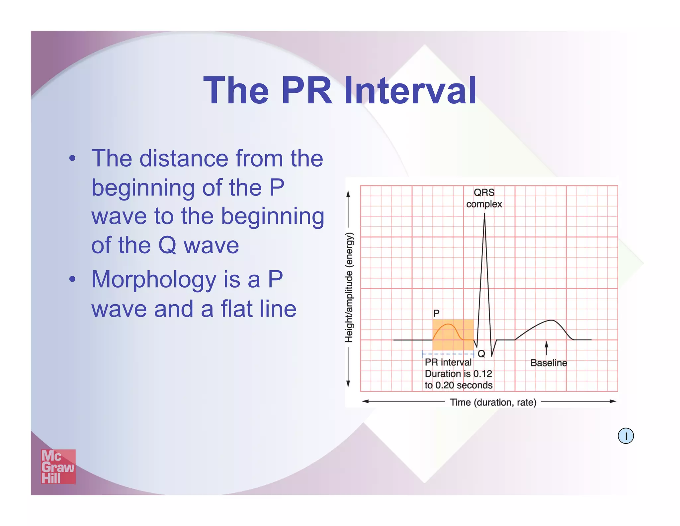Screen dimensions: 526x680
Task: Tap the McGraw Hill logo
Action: coord(58,466)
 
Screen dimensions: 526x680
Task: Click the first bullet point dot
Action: coord(72,158)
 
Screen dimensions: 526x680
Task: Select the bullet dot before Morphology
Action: coord(72,279)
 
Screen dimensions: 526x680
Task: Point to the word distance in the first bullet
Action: coord(184,158)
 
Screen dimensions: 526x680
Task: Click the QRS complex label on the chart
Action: coord(484,198)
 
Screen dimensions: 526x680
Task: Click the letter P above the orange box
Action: coord(436,313)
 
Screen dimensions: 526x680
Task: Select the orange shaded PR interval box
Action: coord(453,334)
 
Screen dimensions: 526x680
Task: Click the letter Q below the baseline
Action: coord(481,354)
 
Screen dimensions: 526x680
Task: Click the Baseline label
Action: coord(549,363)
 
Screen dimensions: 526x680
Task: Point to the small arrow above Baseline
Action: coord(546,348)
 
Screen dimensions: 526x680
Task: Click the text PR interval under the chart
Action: coord(448,362)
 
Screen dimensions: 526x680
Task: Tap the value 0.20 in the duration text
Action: coord(445,385)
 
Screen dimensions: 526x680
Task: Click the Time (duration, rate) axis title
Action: coord(493,402)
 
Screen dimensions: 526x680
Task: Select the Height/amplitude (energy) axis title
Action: coord(349,287)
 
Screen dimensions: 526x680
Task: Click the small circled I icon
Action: coord(626,436)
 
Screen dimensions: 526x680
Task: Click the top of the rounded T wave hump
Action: coord(552,320)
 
